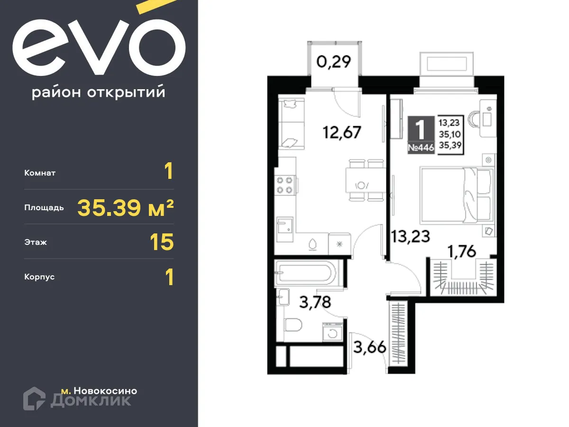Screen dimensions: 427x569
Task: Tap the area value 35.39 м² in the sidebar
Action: coord(125,208)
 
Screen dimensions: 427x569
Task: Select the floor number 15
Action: coord(162,242)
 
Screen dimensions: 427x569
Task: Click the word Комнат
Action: coord(40,173)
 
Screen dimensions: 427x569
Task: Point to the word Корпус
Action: coord(39,277)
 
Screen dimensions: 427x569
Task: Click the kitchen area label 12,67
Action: coord(342,132)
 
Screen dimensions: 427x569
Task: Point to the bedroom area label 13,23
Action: coord(410,236)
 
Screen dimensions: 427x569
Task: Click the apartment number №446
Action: coord(421,148)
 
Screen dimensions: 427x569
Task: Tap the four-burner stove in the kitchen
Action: coord(286,185)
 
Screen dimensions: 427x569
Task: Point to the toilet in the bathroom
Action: coord(293,326)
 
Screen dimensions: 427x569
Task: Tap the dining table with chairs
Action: coord(363,180)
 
